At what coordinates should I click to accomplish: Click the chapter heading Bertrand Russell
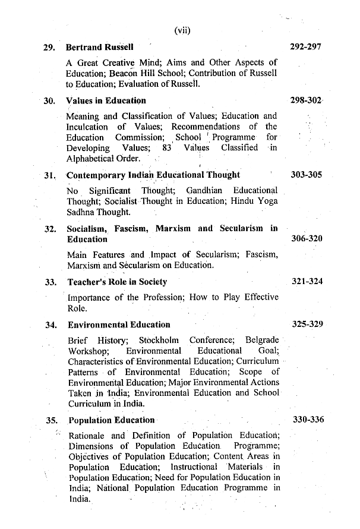[99, 46]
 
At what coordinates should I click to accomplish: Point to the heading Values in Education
[106, 100]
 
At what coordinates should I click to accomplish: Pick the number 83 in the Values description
[166, 147]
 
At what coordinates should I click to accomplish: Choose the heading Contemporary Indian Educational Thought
[153, 175]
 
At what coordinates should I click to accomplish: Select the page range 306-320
[307, 238]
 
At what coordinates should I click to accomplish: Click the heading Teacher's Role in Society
[117, 282]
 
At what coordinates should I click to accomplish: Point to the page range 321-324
[307, 281]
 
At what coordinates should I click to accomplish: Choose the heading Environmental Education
[119, 325]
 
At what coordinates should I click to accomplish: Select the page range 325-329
[307, 325]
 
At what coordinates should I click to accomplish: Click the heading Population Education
[111, 420]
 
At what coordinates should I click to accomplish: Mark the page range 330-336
[308, 420]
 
